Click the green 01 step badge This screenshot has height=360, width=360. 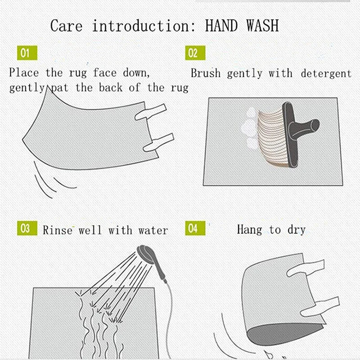[25, 53]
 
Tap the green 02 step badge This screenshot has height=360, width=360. [193, 53]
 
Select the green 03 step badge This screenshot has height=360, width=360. [25, 229]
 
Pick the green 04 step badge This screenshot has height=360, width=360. [193, 229]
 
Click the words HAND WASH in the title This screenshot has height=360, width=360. [242, 26]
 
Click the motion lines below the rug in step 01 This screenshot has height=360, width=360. [47, 180]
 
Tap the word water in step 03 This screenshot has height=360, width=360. [153, 231]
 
